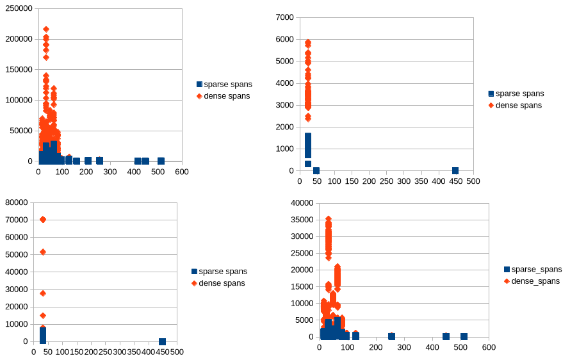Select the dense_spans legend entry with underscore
coord(535,281)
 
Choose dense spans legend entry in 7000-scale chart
coord(519,105)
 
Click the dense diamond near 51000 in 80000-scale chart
coord(43,252)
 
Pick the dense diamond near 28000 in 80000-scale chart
coord(43,293)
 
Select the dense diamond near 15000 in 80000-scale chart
coord(43,315)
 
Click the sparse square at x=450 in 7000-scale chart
coord(455,170)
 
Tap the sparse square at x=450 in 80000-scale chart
coord(162,341)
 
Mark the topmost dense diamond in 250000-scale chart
coord(46,29)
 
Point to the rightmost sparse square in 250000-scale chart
coord(161,161)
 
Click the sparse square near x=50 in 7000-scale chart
coord(316,170)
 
